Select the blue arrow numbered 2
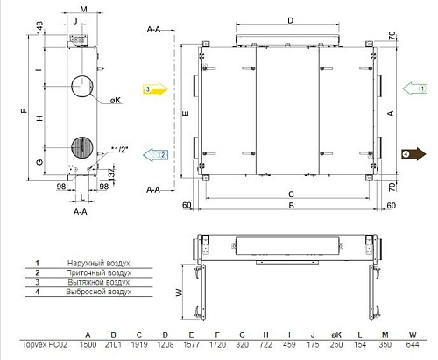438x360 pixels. [154, 153]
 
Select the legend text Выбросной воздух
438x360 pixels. [99, 292]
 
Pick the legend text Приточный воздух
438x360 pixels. [99, 272]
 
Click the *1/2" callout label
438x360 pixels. [120, 150]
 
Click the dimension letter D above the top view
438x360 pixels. [289, 19]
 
